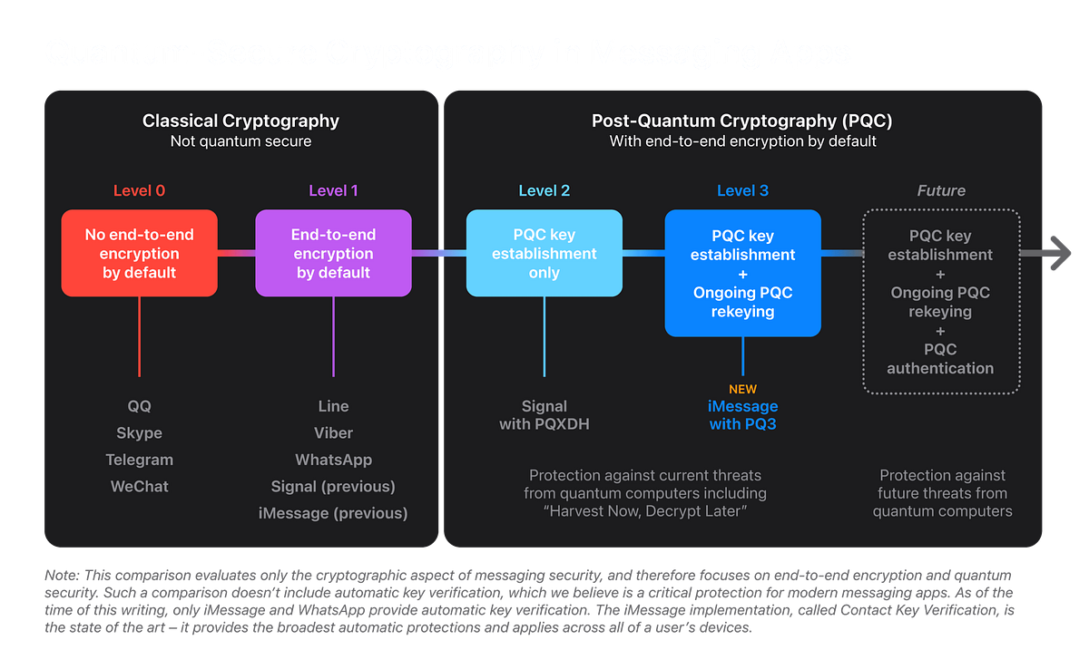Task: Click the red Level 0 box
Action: (x=139, y=253)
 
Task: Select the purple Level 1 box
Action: (x=333, y=253)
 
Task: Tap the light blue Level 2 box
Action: (x=544, y=253)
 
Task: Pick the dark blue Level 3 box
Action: (x=742, y=273)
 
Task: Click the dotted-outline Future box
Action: (x=940, y=302)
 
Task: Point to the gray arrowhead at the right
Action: (x=1058, y=253)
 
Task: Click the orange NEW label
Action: (x=742, y=389)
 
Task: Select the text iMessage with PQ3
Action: (x=742, y=415)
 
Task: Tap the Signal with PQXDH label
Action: (x=544, y=415)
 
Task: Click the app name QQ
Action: (x=139, y=406)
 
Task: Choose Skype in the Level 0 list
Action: (x=139, y=432)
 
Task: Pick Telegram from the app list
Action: (x=139, y=460)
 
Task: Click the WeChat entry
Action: (x=139, y=486)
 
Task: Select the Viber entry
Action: (x=333, y=432)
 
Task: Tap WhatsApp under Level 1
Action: (x=333, y=460)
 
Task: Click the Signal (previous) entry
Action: (x=333, y=486)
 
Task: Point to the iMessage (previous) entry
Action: (x=333, y=513)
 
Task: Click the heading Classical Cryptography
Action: (x=240, y=121)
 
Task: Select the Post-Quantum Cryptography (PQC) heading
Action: (x=742, y=121)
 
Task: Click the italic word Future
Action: (x=940, y=190)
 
